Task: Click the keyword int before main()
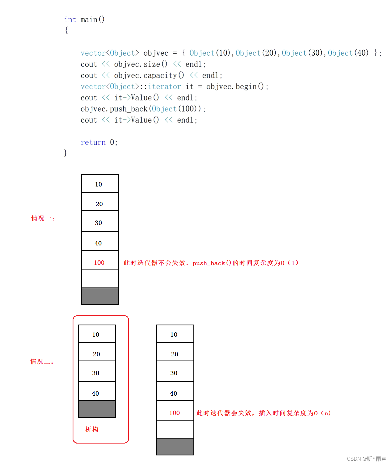point(70,20)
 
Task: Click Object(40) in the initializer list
point(348,53)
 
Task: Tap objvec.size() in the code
point(140,64)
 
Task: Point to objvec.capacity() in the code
point(149,75)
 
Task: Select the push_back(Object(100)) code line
point(143,109)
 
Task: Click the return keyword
point(93,142)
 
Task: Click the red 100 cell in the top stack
point(99,263)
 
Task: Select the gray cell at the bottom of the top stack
point(100,296)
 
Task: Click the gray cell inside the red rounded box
point(97,409)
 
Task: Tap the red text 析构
point(92,429)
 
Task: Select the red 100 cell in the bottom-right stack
point(175,413)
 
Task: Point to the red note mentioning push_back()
point(211,263)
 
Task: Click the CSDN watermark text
point(366,459)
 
